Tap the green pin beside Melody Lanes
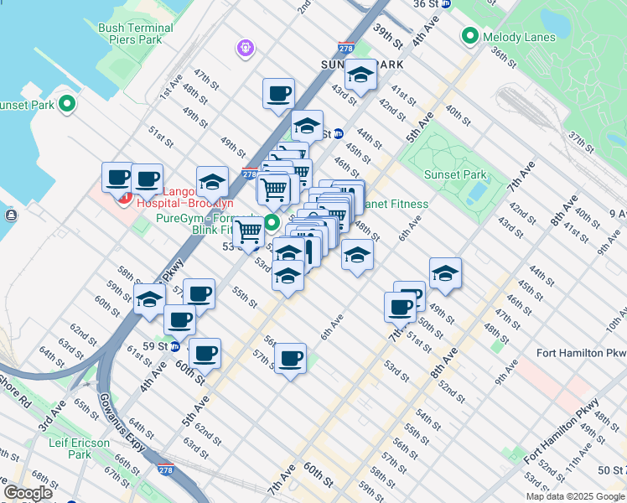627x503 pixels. point(469,37)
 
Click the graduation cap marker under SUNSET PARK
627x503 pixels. point(361,77)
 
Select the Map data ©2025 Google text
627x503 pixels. point(574,496)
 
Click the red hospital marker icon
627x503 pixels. point(124,198)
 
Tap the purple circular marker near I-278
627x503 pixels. point(245,48)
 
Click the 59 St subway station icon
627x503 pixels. point(175,346)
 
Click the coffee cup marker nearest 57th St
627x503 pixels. point(291,358)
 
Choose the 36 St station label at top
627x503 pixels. point(426,3)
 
